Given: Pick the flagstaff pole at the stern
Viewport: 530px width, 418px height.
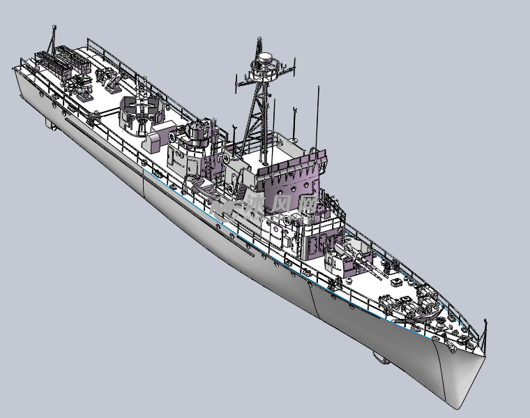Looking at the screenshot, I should (52, 38).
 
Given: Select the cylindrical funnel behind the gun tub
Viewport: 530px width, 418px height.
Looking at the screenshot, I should (197, 140).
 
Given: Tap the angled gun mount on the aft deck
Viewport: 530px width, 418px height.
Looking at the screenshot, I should (112, 82).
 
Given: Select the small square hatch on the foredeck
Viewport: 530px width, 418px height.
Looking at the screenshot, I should (397, 283).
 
